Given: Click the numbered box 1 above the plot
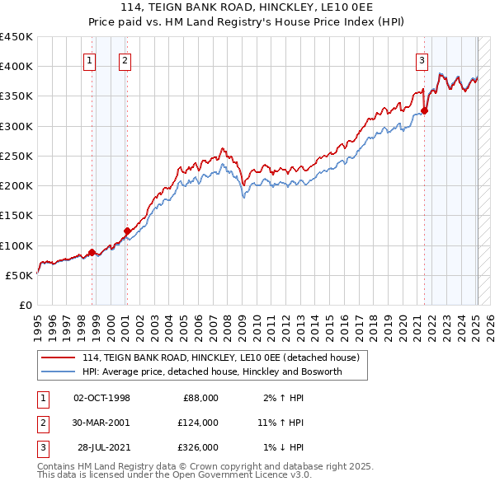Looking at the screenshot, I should (x=88, y=59).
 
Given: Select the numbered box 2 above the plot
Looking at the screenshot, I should (x=124, y=59).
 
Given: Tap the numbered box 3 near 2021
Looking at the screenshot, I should (x=422, y=59).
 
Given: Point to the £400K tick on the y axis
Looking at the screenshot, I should (x=16, y=67).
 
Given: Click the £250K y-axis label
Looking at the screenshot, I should (x=16, y=156).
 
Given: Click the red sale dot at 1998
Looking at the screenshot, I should (x=92, y=252).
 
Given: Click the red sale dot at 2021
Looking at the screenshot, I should (x=425, y=110).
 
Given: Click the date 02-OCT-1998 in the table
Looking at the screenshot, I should (x=102, y=398).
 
